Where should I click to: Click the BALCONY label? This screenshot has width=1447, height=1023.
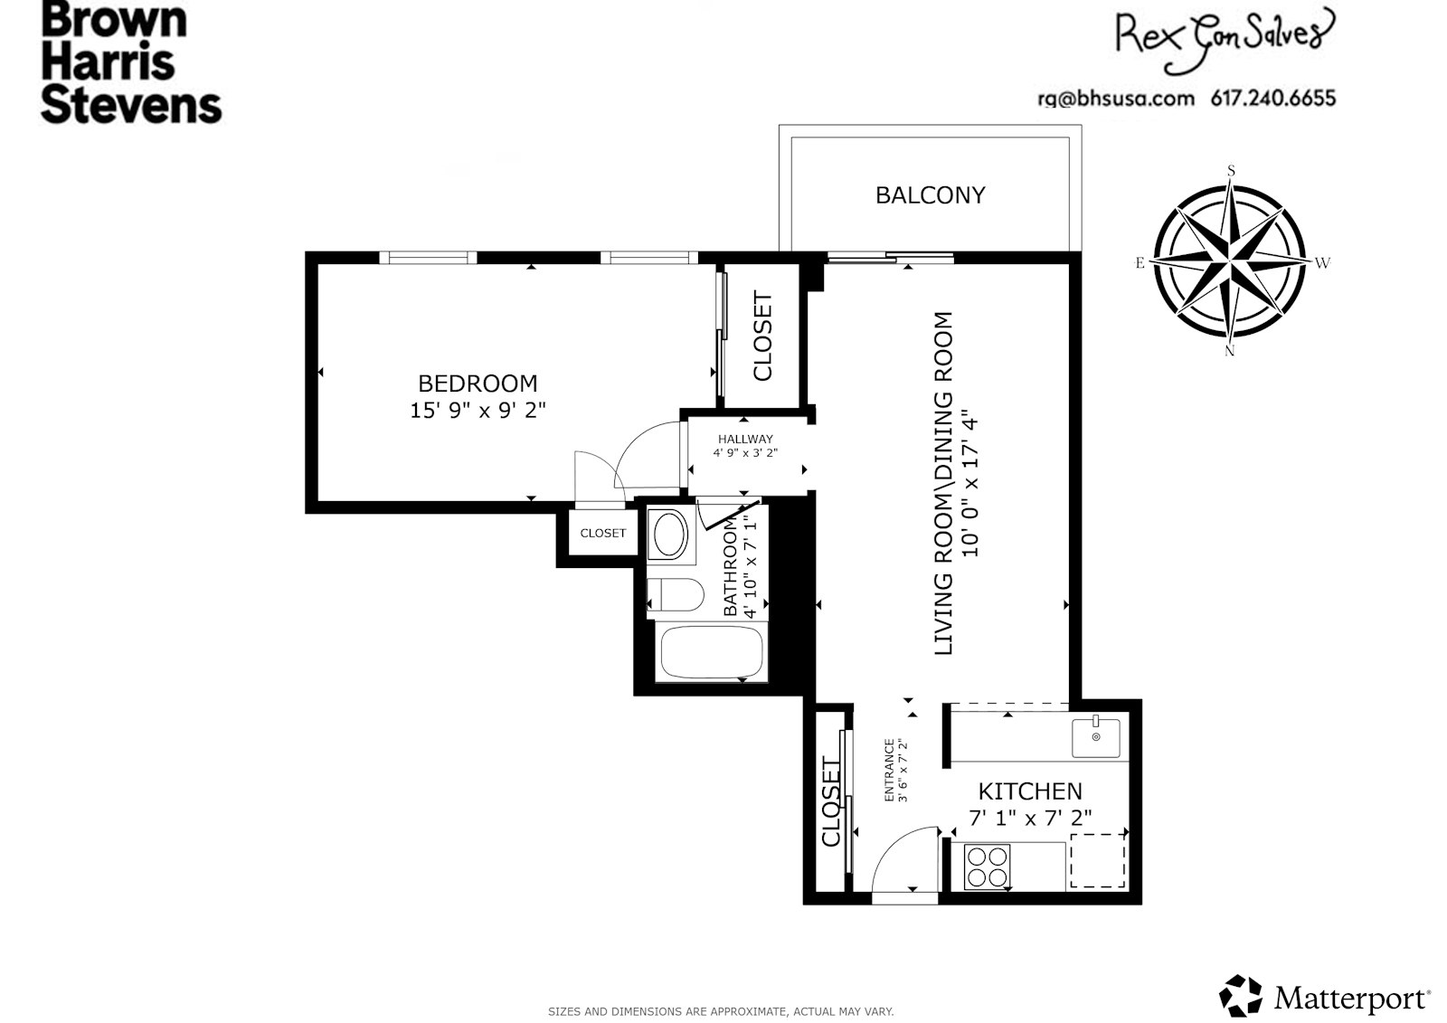(x=930, y=195)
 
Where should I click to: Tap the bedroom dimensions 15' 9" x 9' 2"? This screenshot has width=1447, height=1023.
(x=478, y=410)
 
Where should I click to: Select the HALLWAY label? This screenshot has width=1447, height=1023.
(x=744, y=439)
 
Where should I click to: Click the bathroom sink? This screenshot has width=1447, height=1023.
(x=669, y=535)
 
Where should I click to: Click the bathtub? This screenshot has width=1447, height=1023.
(x=711, y=652)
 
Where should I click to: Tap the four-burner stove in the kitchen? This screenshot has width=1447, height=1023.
(x=987, y=865)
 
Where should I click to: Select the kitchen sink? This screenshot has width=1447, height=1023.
(x=1095, y=737)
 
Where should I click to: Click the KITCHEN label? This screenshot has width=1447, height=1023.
(x=1030, y=791)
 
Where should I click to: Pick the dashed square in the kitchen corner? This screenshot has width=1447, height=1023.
(x=1097, y=860)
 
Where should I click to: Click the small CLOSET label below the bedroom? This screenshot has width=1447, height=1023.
(x=602, y=534)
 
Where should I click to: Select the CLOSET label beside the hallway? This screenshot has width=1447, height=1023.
(x=762, y=336)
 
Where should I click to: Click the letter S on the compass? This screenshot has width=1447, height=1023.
(x=1231, y=170)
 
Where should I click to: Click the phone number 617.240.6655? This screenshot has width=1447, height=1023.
(x=1272, y=98)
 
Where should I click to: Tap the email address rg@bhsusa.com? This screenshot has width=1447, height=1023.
(x=1115, y=98)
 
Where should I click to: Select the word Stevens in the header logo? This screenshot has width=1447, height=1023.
(x=131, y=105)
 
